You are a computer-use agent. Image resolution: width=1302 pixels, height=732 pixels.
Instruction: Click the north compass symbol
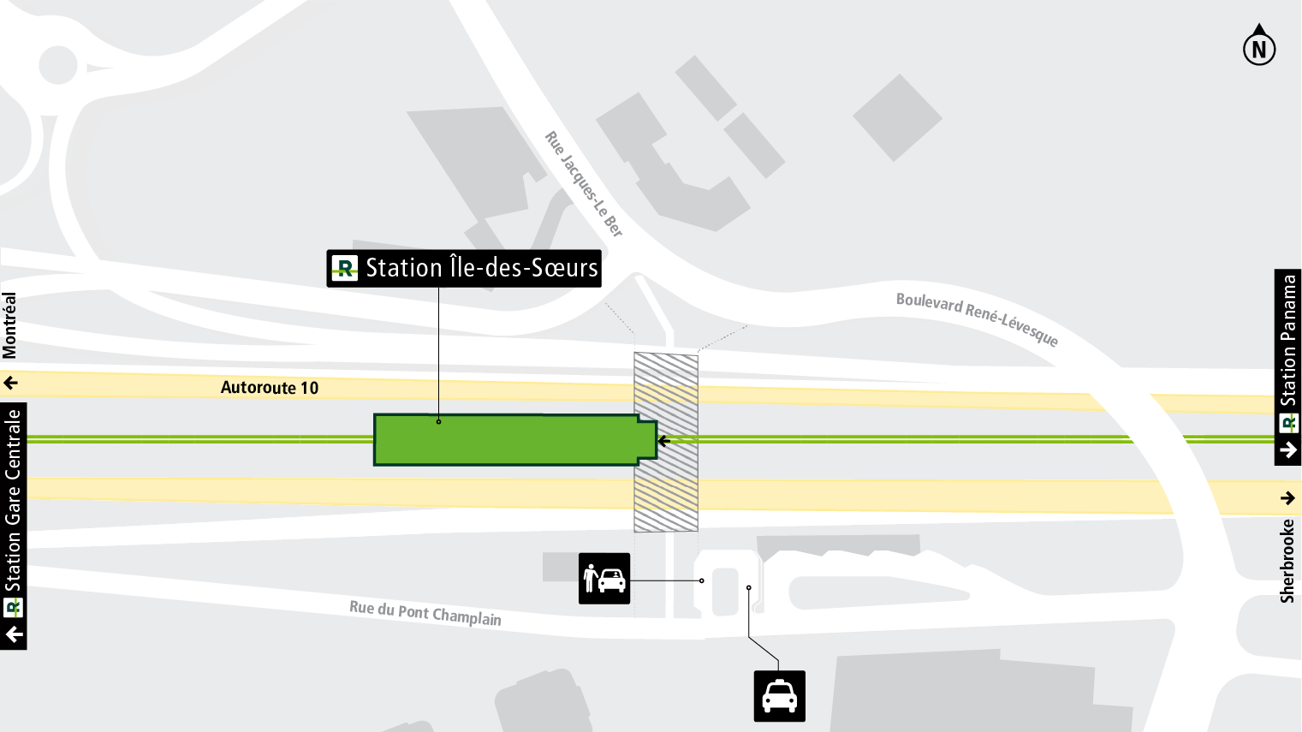[x=1258, y=47]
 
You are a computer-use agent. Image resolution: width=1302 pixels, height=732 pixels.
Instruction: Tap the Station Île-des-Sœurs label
[x=482, y=268]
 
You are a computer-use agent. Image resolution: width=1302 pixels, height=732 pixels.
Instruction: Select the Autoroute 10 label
[x=270, y=388]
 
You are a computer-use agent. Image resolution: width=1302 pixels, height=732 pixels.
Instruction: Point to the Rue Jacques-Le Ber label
[x=584, y=183]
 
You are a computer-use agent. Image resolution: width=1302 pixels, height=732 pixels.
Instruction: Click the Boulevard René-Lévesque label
[x=977, y=318]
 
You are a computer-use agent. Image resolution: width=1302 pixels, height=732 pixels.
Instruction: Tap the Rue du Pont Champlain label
[x=425, y=613]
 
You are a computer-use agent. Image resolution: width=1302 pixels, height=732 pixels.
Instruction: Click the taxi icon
[x=779, y=696]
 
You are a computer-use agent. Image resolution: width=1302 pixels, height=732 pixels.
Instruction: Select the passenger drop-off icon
[x=604, y=579]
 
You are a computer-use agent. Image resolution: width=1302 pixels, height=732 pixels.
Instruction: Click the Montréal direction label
[x=9, y=325]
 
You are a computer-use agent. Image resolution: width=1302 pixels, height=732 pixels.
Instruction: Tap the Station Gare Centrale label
[x=13, y=501]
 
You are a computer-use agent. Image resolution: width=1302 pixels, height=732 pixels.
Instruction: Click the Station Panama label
[x=1288, y=340]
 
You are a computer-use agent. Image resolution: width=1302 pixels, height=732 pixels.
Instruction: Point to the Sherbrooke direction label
[x=1287, y=561]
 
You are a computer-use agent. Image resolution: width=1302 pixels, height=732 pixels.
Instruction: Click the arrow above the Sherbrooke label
[x=1287, y=497]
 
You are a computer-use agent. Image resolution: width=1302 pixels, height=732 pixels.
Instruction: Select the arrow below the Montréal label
[x=10, y=383]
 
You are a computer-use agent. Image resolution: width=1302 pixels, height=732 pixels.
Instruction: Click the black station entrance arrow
[x=664, y=441]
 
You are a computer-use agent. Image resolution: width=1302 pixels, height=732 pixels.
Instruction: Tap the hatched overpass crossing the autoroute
[x=666, y=441]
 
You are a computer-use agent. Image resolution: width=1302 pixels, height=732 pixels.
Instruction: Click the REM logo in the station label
[x=344, y=269]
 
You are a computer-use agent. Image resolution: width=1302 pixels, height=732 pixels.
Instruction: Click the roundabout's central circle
[x=58, y=65]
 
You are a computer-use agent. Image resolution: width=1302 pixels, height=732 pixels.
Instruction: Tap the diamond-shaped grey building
[x=897, y=117]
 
